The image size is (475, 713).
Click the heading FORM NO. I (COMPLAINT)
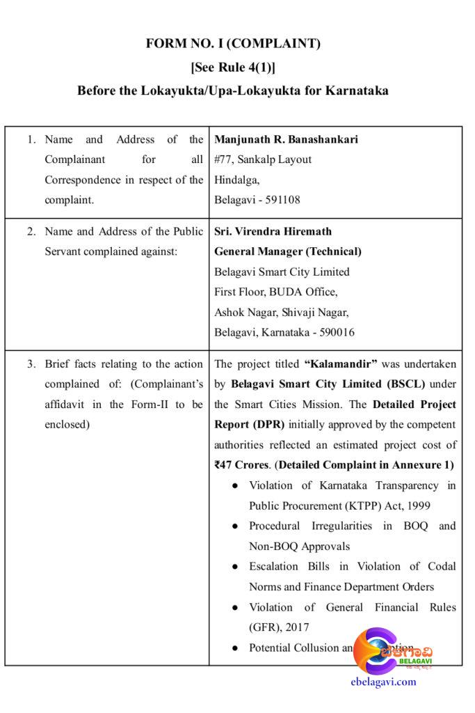(x=233, y=44)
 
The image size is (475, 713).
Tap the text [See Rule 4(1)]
(x=233, y=68)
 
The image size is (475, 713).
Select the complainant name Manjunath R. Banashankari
(x=286, y=139)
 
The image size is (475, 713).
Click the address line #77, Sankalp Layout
(x=263, y=159)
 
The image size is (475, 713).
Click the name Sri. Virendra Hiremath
(x=273, y=231)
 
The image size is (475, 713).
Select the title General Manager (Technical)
(x=287, y=251)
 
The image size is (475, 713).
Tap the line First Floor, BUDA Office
(x=276, y=292)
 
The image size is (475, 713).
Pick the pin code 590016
(x=337, y=332)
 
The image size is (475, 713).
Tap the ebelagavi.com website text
(x=384, y=682)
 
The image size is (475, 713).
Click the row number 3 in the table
(x=31, y=364)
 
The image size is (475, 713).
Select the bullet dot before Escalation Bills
(x=236, y=567)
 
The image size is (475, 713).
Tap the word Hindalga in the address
(x=236, y=180)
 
